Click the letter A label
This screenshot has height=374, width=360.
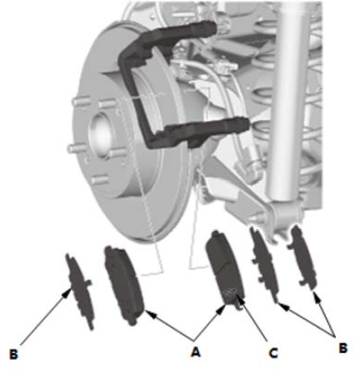[x=196, y=352]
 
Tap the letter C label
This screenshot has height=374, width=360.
[x=273, y=353]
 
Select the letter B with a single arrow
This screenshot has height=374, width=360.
[x=13, y=355]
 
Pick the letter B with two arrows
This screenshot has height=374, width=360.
[x=343, y=348]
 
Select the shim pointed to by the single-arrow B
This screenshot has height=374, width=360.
[x=81, y=292]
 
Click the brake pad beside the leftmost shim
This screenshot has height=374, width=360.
[x=123, y=285]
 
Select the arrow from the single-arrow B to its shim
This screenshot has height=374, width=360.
[x=45, y=317]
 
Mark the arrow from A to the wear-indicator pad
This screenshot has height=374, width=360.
[x=210, y=322]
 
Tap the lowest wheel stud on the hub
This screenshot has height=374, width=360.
[x=100, y=180]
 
